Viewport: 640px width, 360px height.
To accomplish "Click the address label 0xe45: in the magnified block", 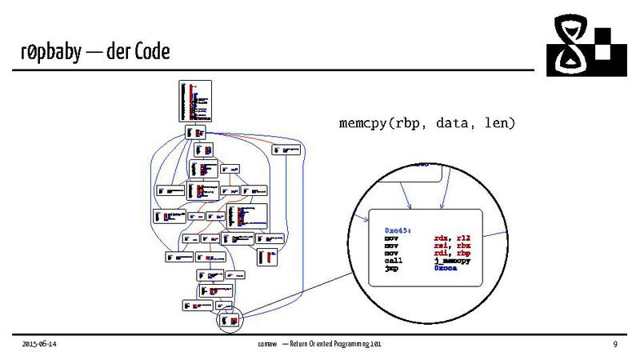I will tap(398, 230).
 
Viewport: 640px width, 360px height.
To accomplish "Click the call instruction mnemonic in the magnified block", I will tap(393, 262).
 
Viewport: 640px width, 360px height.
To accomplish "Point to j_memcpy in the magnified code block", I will tap(453, 262).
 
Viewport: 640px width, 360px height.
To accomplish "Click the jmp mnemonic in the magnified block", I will tap(390, 270).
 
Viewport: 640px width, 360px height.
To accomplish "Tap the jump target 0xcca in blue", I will tap(445, 270).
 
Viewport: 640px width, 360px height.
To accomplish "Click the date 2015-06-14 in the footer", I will tap(39, 344).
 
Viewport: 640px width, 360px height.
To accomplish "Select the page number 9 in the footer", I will tap(615, 344).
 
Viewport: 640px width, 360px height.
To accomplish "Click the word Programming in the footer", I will tap(350, 344).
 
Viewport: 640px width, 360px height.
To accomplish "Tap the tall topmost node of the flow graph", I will tap(195, 101).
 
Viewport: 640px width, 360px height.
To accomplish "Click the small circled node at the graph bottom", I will tap(229, 320).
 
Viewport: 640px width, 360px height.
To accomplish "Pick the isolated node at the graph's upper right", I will tap(286, 149).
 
